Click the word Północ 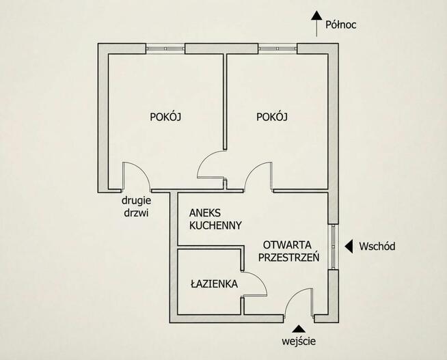(x=340, y=25)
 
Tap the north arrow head (x=316, y=16)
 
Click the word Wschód (x=377, y=246)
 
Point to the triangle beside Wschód (x=349, y=246)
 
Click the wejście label (x=299, y=341)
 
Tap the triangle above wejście (x=299, y=329)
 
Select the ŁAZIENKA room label (x=214, y=283)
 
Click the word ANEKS (x=205, y=212)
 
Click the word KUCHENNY (x=215, y=225)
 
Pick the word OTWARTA (x=287, y=245)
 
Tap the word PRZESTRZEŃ (x=289, y=257)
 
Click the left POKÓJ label (x=165, y=117)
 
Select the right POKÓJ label (x=272, y=117)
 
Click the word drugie (x=136, y=201)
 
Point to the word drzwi (x=136, y=212)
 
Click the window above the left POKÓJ (x=165, y=49)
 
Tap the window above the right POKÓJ (x=277, y=49)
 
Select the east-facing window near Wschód (x=333, y=247)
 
